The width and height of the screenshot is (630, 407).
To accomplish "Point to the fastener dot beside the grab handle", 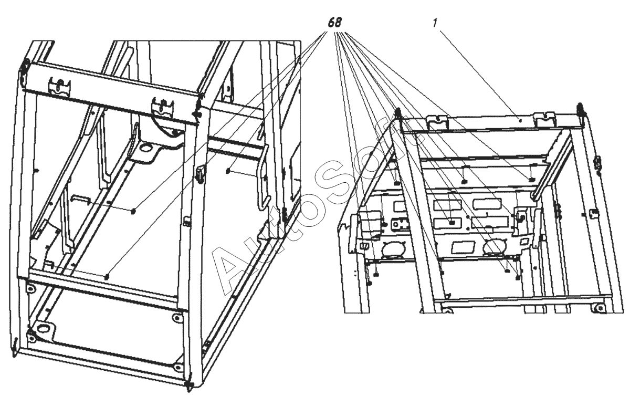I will click(227, 171).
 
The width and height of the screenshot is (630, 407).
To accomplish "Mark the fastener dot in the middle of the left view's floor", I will click(134, 211).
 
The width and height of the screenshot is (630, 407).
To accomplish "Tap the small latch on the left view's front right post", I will click(199, 173).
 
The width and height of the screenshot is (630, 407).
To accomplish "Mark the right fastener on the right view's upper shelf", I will click(531, 180).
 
